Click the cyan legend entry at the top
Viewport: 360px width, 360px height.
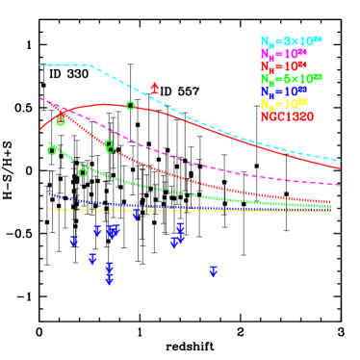pyautogui.click(x=291, y=41)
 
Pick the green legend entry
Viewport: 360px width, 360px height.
pyautogui.click(x=291, y=79)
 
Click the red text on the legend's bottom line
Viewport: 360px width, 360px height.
pyautogui.click(x=287, y=116)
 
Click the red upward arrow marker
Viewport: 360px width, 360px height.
pyautogui.click(x=154, y=89)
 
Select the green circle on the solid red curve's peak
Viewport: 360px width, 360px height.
pyautogui.click(x=131, y=106)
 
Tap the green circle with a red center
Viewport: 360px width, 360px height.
pyautogui.click(x=61, y=121)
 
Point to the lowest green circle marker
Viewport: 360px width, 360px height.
pyautogui.click(x=83, y=173)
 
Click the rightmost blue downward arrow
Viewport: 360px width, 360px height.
pyautogui.click(x=213, y=272)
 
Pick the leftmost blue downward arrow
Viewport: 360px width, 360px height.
pyautogui.click(x=73, y=242)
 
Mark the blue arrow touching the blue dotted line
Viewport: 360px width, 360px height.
pyautogui.click(x=136, y=213)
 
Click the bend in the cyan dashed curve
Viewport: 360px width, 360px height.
pyautogui.click(x=90, y=65)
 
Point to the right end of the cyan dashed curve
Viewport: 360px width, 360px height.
pyautogui.click(x=340, y=161)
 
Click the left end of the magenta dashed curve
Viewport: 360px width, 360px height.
pyautogui.click(x=40, y=97)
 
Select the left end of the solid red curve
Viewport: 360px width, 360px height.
pyautogui.click(x=40, y=129)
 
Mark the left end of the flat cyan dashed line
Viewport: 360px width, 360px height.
pyautogui.click(x=40, y=65)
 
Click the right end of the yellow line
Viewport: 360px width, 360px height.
pyautogui.click(x=332, y=211)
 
